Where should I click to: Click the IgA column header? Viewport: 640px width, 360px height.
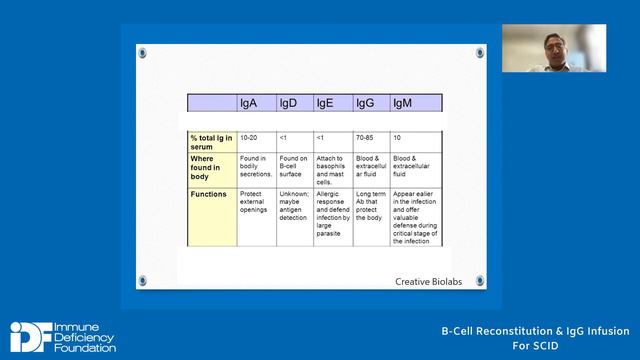click(250, 103)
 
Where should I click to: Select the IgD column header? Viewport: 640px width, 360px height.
click(288, 103)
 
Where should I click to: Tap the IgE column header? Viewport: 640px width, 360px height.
click(325, 103)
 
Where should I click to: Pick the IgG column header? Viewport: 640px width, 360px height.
click(366, 103)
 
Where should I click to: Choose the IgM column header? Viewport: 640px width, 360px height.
click(404, 103)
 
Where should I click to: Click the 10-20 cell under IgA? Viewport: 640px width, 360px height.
click(250, 136)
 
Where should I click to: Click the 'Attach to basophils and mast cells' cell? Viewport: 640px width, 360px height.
click(331, 170)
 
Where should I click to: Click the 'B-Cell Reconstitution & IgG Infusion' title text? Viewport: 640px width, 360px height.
click(536, 332)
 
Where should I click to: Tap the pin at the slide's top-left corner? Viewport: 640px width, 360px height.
click(142, 52)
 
